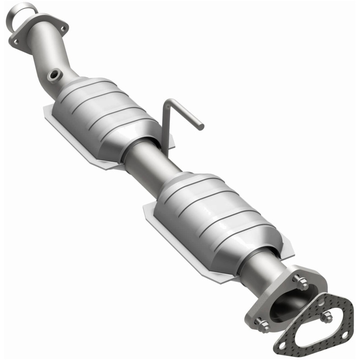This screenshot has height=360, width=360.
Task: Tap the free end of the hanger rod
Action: click(201, 126)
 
